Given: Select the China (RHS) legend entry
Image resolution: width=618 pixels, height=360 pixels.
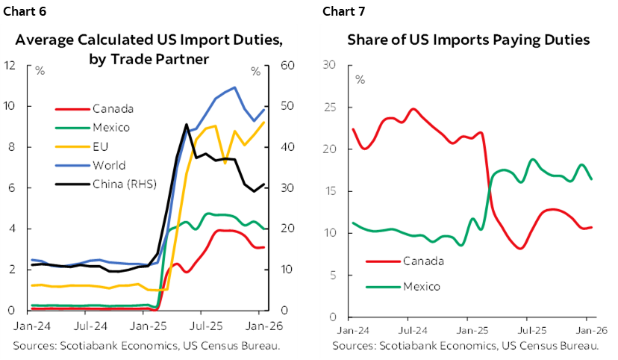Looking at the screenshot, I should point(120,184).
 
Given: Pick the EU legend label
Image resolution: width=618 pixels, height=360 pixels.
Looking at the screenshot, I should point(99,146).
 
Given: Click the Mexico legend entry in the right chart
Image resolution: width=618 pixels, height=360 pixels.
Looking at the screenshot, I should point(421,286).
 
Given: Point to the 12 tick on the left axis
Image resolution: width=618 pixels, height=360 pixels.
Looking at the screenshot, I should point(10,65).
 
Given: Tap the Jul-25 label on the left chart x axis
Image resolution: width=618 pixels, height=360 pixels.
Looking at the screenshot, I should point(204,326).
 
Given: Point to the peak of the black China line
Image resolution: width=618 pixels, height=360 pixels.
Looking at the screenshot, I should point(186,125).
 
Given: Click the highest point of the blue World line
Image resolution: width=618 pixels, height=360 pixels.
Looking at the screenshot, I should point(235,87).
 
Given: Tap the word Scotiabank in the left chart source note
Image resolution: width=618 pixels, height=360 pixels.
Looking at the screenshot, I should point(81,345).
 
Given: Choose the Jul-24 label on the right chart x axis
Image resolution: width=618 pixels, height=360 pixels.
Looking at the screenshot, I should point(409,329).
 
